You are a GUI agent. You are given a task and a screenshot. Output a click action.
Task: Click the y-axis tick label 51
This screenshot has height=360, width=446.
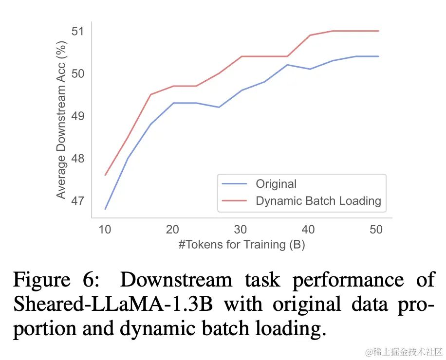point(77,31)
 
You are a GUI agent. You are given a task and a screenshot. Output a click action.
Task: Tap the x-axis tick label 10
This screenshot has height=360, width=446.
point(105,230)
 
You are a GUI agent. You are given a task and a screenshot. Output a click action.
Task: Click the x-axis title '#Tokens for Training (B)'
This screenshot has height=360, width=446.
point(242,244)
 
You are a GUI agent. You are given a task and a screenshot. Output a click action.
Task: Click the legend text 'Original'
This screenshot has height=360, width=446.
point(276,184)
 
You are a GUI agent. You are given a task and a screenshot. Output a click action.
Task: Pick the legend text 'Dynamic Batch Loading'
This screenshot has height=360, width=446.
point(318,200)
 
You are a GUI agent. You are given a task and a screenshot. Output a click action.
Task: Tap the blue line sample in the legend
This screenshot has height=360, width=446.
point(236,184)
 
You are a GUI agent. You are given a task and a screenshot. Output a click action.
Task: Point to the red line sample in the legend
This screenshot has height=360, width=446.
point(236,200)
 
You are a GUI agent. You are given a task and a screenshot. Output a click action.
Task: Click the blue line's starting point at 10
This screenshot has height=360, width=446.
point(105,209)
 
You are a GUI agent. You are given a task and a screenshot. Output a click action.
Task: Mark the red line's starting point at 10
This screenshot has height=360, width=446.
point(105,175)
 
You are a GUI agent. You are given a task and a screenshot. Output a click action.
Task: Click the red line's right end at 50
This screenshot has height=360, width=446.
point(378,31)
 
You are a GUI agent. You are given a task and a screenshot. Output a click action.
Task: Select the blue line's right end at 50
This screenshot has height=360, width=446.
point(378,56)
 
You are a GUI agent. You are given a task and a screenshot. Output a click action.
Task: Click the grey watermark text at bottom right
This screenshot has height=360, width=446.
point(404,351)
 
